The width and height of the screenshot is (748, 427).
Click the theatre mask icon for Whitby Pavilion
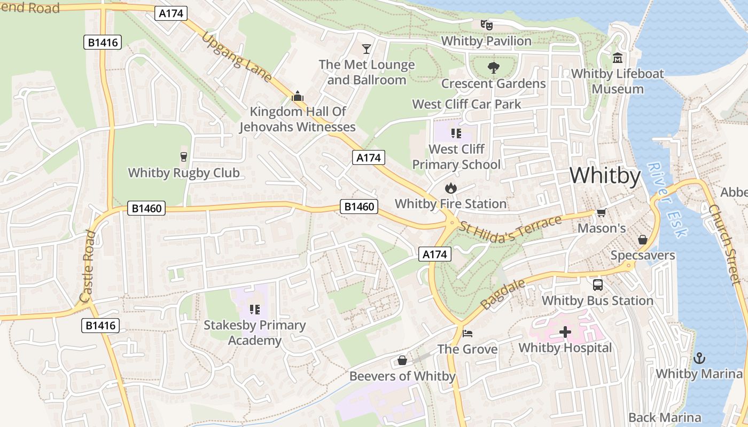[486, 25]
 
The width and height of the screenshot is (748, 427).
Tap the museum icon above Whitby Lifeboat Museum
[618, 58]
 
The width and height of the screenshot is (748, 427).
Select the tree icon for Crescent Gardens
[493, 68]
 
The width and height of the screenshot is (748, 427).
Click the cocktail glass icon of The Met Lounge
[366, 49]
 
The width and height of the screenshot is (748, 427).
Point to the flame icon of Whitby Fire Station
[450, 188]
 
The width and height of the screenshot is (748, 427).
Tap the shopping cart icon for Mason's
[601, 213]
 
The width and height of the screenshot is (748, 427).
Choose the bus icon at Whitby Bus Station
[597, 285]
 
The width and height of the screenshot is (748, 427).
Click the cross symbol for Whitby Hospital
[565, 332]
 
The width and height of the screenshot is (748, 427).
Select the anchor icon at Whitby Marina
[699, 358]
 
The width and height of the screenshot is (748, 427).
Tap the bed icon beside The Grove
[467, 334]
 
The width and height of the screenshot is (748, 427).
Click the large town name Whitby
[605, 176]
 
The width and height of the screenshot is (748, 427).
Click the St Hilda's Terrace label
[510, 226]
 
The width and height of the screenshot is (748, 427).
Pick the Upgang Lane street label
[236, 56]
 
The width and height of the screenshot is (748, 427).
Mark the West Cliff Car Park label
[466, 104]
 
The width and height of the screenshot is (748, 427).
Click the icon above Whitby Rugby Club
[184, 157]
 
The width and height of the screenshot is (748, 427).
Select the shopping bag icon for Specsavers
[643, 240]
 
